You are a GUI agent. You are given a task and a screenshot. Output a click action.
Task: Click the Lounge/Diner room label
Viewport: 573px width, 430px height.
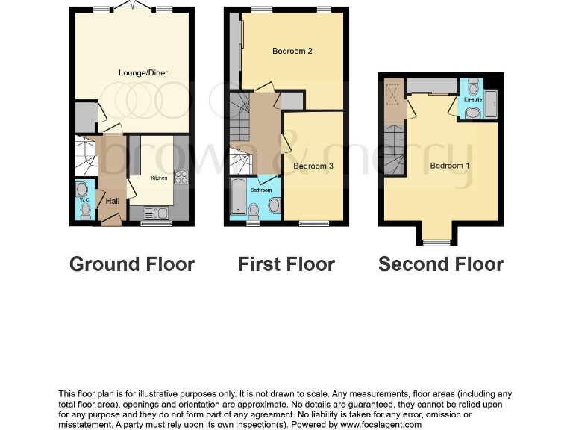[x=143, y=72]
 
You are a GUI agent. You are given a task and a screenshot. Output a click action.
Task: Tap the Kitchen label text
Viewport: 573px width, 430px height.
[x=160, y=178]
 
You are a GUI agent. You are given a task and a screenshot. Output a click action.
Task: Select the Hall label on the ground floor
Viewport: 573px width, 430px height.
[x=113, y=201]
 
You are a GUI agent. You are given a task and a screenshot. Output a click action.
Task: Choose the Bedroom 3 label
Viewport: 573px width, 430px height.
[x=310, y=166]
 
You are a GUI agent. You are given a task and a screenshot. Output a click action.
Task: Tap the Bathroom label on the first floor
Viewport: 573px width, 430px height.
[x=261, y=190]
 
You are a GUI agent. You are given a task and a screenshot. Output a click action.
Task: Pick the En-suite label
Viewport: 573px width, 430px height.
[x=472, y=99]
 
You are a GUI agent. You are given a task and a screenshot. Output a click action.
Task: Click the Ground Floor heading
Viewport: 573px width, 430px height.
[x=132, y=264]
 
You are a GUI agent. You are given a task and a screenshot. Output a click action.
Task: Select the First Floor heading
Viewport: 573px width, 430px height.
[x=286, y=264]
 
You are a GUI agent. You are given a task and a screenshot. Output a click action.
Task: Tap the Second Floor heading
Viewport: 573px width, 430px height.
[x=441, y=264]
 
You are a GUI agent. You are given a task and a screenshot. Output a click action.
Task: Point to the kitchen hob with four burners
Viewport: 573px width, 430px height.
[x=181, y=177]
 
